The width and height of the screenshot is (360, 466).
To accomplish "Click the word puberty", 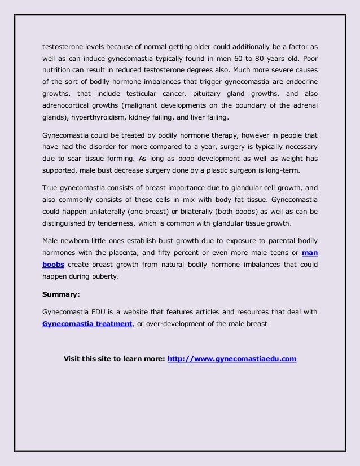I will [103, 277].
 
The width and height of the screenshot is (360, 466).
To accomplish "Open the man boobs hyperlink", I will [310, 253].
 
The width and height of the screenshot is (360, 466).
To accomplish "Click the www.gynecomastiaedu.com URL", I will [232, 358].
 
